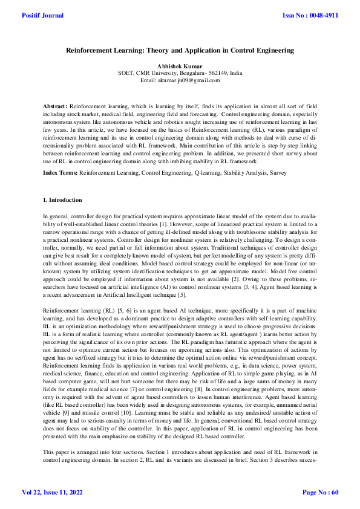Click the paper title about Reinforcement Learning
coord(180,53)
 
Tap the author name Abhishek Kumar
coord(180,66)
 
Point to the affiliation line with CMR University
coord(180,73)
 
